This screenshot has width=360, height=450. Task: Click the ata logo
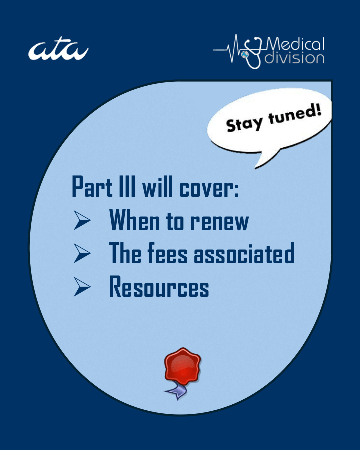click(x=58, y=51)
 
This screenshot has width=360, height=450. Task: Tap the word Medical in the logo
click(x=296, y=44)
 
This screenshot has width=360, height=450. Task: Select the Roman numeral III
click(x=123, y=186)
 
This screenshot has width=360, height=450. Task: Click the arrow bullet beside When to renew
click(x=81, y=221)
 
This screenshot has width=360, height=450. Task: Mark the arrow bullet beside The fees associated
click(x=81, y=254)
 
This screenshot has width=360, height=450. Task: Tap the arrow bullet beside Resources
click(x=81, y=288)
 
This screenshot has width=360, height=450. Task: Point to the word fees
click(x=162, y=254)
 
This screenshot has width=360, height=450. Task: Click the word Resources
click(x=159, y=288)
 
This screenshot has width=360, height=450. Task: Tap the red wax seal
click(x=182, y=365)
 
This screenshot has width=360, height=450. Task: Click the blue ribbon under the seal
click(x=177, y=390)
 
